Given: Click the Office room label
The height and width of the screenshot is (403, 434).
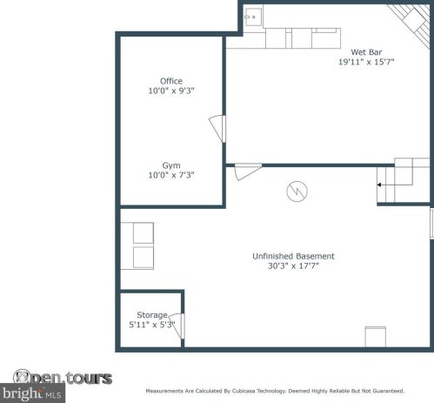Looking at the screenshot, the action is click(171, 81).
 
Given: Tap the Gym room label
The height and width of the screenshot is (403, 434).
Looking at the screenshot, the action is click(171, 165).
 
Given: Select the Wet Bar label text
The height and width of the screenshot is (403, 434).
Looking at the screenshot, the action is click(366, 52).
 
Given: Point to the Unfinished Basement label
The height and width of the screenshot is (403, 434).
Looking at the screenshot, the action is click(293, 256).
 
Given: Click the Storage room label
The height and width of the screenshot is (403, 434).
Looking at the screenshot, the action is click(152, 315).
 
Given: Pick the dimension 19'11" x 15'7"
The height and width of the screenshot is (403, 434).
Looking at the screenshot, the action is click(366, 62).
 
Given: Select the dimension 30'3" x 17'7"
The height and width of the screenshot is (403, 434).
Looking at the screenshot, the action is click(293, 265).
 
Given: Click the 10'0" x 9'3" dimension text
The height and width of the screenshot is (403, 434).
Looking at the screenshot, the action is click(171, 91).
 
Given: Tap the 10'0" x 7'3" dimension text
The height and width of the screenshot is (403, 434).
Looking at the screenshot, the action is click(171, 175).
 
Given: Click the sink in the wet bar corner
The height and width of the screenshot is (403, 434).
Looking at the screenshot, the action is click(253, 17).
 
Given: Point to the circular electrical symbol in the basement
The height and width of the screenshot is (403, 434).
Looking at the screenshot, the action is click(297, 191).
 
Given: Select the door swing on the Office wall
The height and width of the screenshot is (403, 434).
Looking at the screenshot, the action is click(217, 129).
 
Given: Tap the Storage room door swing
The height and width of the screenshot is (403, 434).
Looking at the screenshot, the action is click(177, 326).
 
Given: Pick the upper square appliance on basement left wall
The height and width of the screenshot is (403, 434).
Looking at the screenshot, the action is click(144, 233).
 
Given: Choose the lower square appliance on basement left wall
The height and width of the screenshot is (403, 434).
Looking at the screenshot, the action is click(144, 258).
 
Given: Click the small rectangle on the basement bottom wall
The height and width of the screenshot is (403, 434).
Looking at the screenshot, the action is click(376, 337).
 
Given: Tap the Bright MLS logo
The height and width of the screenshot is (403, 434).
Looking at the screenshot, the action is click(32, 393).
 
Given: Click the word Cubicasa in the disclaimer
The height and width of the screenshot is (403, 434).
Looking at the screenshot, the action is click(244, 391).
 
